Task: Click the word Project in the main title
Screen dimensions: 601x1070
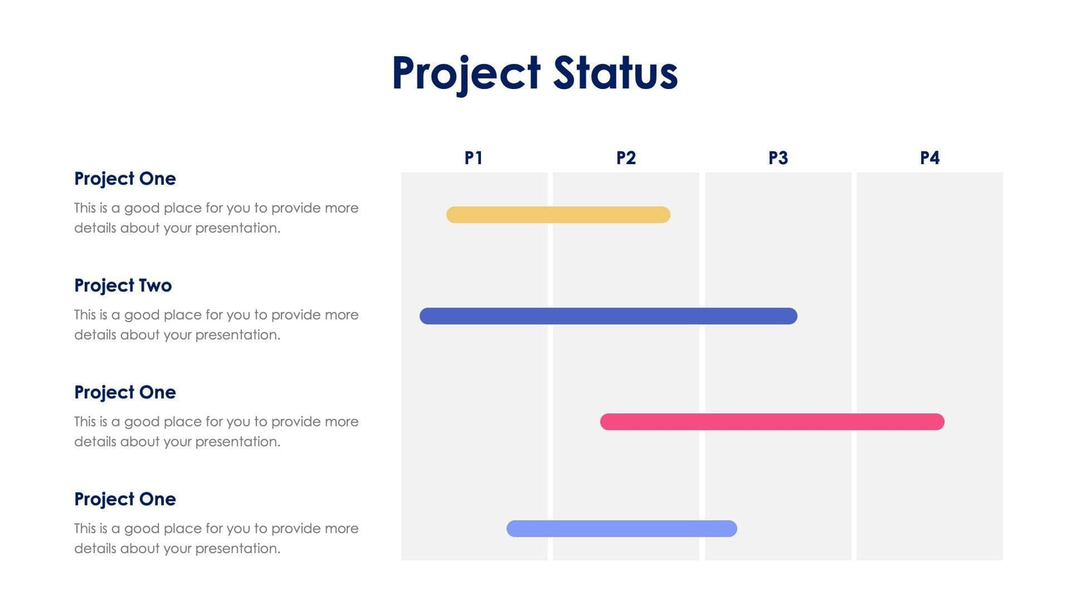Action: click(x=466, y=73)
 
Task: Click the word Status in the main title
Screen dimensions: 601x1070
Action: click(x=615, y=73)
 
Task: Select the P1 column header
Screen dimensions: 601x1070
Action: click(x=474, y=158)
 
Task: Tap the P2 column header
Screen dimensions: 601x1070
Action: click(x=625, y=158)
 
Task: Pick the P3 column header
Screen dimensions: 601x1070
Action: click(x=778, y=158)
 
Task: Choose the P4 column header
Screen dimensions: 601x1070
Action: click(x=929, y=158)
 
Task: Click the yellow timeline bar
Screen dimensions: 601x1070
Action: click(x=558, y=215)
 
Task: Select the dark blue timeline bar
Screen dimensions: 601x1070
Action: click(x=608, y=316)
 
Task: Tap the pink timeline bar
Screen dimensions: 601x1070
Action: click(x=771, y=422)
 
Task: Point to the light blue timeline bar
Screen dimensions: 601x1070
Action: click(x=621, y=528)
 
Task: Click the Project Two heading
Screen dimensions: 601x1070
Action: click(x=123, y=286)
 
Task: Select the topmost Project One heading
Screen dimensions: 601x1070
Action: click(x=125, y=179)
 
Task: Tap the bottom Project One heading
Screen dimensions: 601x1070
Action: click(x=125, y=499)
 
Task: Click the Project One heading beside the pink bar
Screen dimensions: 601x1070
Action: click(x=125, y=393)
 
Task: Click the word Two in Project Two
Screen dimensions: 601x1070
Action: click(x=155, y=286)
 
